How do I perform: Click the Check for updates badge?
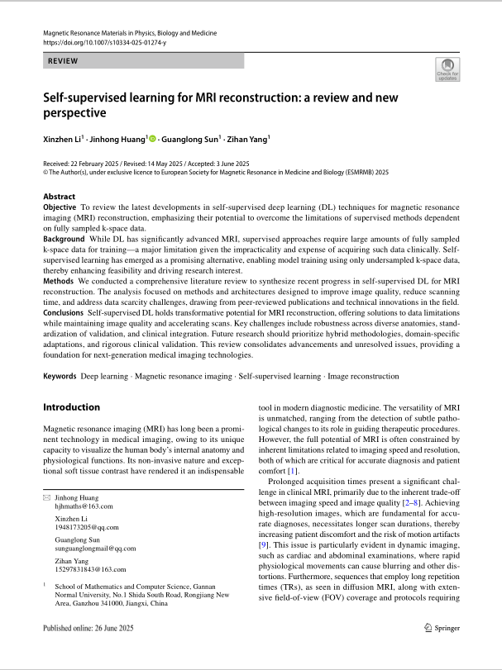pos(447,69)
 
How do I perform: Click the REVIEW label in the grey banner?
pos(63,61)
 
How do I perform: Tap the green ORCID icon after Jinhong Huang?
pos(152,140)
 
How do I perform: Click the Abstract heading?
pos(60,197)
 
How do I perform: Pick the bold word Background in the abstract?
pos(64,238)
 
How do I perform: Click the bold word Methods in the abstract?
pos(58,281)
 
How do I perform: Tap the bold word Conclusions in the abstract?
pos(63,313)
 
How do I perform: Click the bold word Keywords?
pos(60,376)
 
